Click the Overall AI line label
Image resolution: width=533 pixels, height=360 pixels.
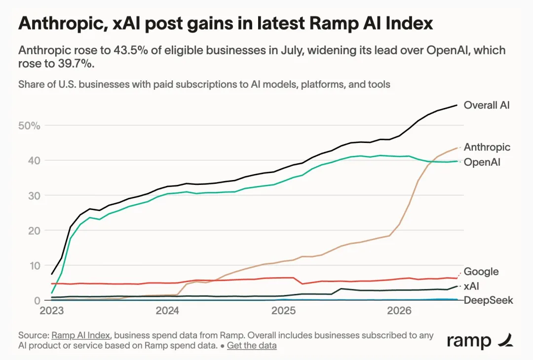[x=487, y=105]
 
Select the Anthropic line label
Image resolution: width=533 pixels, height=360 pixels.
[x=487, y=147]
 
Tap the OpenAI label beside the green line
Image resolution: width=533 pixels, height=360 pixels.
[x=482, y=162]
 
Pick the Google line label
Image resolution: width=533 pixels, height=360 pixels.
[x=481, y=271]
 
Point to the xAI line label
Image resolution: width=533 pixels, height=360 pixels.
[x=471, y=286]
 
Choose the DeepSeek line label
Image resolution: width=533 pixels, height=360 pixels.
[x=489, y=300]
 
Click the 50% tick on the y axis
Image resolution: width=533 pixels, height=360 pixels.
[x=29, y=126]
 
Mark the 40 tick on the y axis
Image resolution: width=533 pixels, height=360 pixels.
[x=34, y=160]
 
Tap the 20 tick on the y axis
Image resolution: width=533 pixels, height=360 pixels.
[x=34, y=231]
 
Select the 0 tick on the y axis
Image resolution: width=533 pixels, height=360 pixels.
[x=37, y=300]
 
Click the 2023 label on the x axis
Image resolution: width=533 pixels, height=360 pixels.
[x=52, y=310]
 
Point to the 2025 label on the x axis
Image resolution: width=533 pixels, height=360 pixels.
[x=283, y=310]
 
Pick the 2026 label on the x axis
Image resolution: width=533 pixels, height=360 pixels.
[x=399, y=310]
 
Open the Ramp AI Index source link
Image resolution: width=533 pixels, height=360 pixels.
[x=81, y=335]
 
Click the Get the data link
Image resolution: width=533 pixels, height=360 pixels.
[x=252, y=345]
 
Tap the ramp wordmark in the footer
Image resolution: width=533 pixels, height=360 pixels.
[x=469, y=341]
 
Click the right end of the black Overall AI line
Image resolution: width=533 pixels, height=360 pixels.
[x=457, y=105]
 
